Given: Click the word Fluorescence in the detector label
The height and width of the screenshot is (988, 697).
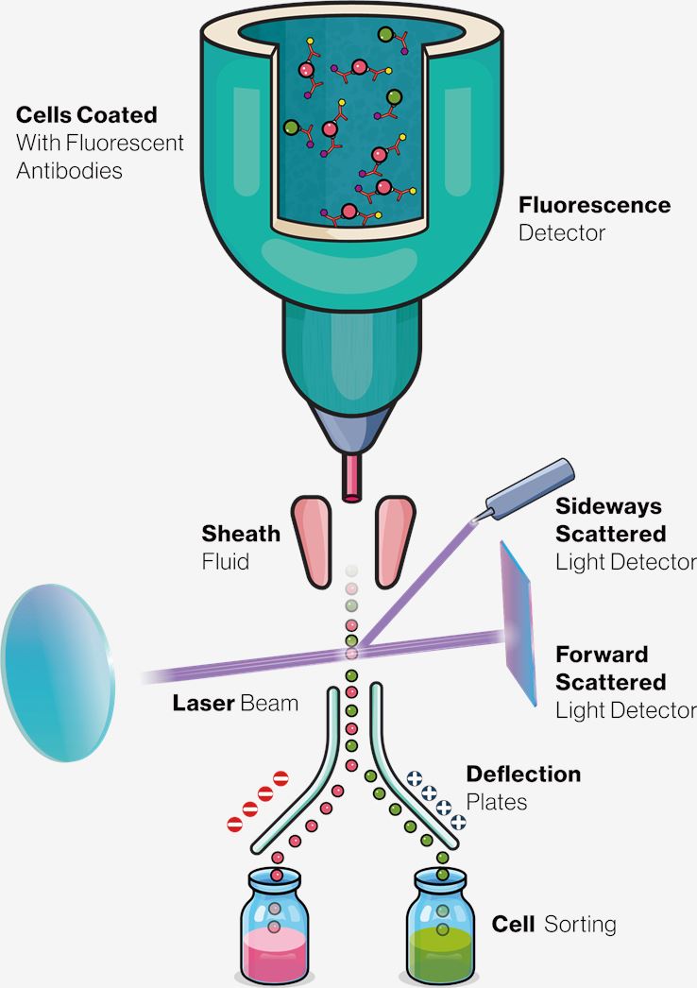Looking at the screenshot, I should [x=594, y=205].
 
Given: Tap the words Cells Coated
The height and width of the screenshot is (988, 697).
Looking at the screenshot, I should [x=87, y=116].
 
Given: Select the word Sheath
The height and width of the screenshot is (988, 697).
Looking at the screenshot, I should [x=241, y=534].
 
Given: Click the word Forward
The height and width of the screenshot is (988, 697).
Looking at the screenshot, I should [x=602, y=655].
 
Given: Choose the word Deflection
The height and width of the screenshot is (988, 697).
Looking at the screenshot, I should [x=523, y=775].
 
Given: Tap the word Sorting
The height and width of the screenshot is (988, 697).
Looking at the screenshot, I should [x=580, y=924].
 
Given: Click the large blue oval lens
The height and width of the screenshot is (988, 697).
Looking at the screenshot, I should [x=58, y=656].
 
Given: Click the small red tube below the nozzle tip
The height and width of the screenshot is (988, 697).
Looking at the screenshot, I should [x=351, y=477].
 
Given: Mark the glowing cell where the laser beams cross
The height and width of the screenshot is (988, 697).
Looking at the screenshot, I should [x=351, y=653].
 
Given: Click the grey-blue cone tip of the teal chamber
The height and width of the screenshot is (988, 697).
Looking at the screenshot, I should [x=351, y=431].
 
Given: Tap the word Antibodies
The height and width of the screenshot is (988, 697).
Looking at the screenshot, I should [x=70, y=171].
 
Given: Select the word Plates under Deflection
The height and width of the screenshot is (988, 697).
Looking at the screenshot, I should [x=496, y=802].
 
